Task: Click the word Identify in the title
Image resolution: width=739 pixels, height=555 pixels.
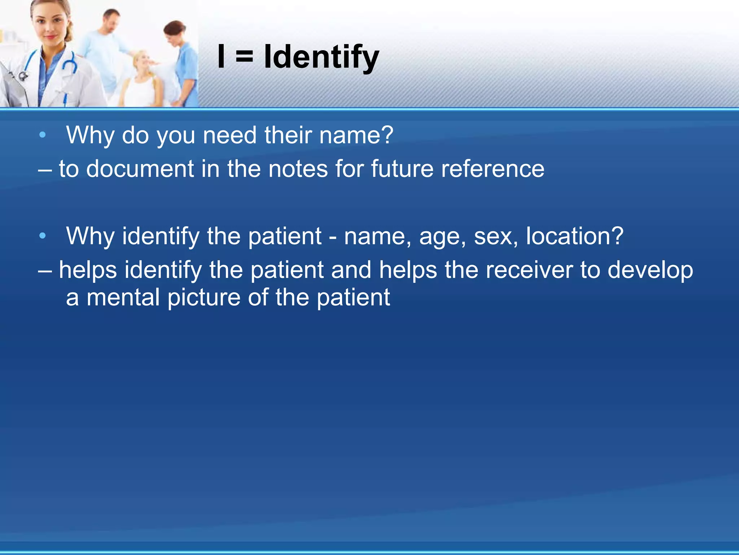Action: pos(321,57)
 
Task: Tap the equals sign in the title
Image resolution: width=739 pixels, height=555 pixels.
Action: pos(245,57)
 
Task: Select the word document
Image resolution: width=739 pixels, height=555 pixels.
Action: pos(140,169)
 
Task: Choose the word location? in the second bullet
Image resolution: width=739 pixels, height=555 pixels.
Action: pos(574,236)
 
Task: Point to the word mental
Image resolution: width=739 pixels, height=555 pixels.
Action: pos(123,297)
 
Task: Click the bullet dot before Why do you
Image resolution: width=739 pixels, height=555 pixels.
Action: pos(43,135)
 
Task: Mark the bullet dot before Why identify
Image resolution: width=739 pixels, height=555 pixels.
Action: pos(43,236)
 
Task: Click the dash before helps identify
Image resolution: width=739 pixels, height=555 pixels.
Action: pos(45,270)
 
